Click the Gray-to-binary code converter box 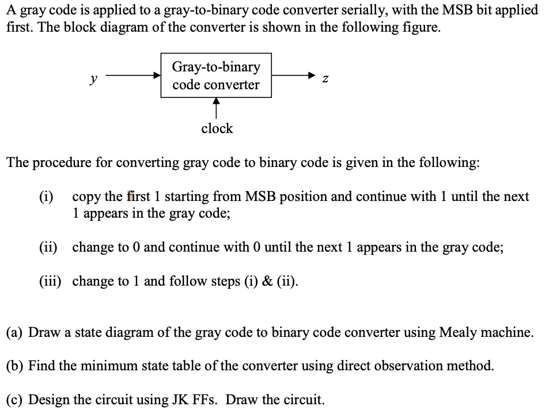(x=216, y=75)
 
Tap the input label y (x=93, y=78)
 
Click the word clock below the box (x=217, y=128)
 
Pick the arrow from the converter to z (x=294, y=75)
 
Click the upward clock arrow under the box (x=217, y=108)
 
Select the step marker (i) (x=47, y=196)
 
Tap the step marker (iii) (x=51, y=281)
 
